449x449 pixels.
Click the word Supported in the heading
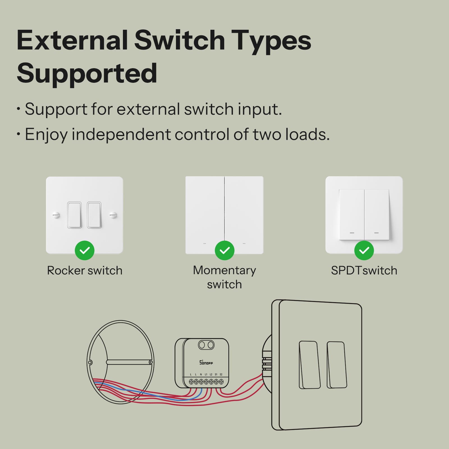coord(87,74)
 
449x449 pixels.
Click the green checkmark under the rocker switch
coord(84,250)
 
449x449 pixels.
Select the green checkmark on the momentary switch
coord(224,250)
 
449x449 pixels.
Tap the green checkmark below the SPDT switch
coord(364,250)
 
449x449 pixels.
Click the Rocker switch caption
coord(84,271)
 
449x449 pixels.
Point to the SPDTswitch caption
coord(364,271)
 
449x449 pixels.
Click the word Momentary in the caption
coord(224,270)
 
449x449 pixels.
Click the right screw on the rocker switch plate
coord(113,215)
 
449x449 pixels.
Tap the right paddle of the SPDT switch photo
coord(377,215)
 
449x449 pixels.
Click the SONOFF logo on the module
coord(206,363)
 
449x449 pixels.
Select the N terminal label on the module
coord(201,374)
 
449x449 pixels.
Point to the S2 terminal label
coord(221,374)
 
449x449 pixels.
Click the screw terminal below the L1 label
coord(206,382)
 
